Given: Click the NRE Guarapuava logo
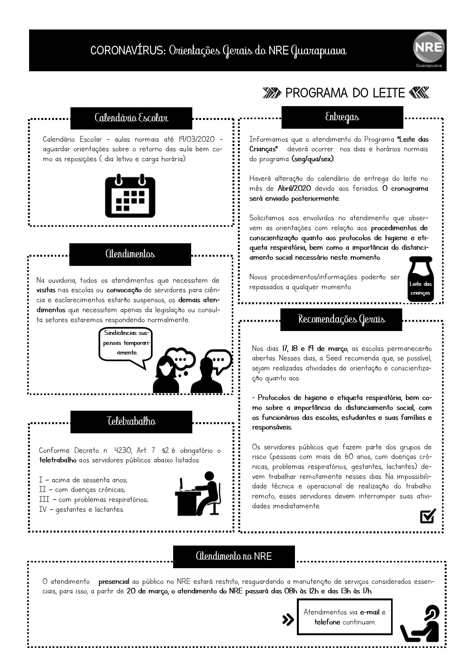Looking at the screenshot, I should pyautogui.click(x=429, y=49).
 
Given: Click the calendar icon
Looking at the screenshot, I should pyautogui.click(x=130, y=196).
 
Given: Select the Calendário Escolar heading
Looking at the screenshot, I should pyautogui.click(x=131, y=118).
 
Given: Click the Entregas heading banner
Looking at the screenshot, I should pyautogui.click(x=342, y=117).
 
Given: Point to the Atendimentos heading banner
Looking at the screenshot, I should pyautogui.click(x=130, y=254).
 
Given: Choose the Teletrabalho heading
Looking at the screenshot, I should pyautogui.click(x=131, y=422).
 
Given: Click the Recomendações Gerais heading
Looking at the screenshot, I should pyautogui.click(x=341, y=320).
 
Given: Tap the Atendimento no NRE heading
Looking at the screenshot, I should pyautogui.click(x=234, y=556).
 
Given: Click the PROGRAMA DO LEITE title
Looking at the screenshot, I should pyautogui.click(x=345, y=93).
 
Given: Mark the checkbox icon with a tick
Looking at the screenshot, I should pyautogui.click(x=428, y=516).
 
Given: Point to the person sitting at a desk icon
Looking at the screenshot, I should pyautogui.click(x=198, y=494).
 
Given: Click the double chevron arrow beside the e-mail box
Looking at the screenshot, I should pyautogui.click(x=288, y=620).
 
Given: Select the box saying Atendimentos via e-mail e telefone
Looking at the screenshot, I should pyautogui.click(x=345, y=617).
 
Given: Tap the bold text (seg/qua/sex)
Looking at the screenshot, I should pyautogui.click(x=313, y=159).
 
